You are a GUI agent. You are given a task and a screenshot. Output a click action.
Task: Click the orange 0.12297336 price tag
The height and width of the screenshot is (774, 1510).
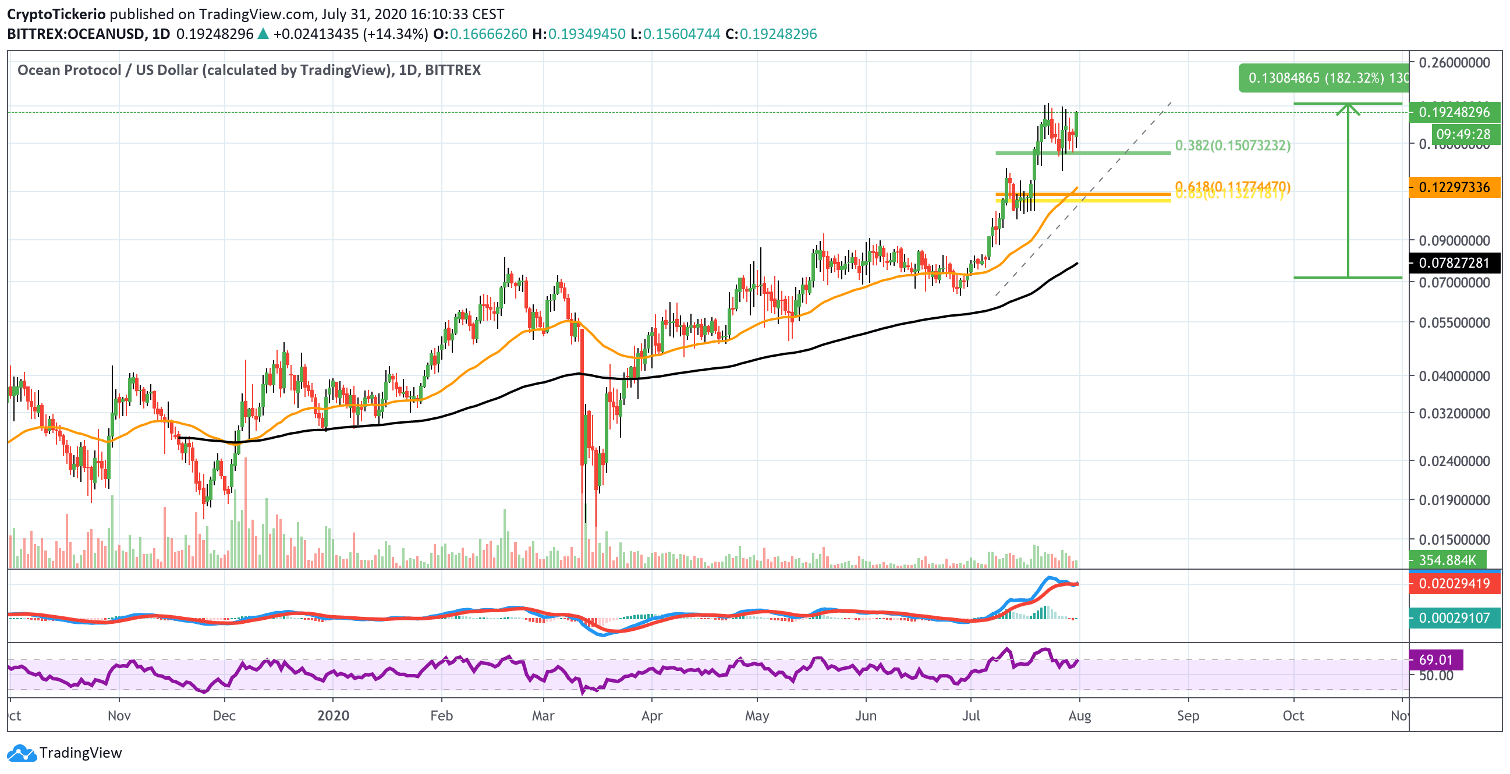tap(1454, 187)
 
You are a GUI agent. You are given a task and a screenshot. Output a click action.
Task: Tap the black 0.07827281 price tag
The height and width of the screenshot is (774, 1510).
tap(1454, 263)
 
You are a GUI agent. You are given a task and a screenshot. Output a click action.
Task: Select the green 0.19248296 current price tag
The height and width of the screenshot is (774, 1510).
tap(1454, 112)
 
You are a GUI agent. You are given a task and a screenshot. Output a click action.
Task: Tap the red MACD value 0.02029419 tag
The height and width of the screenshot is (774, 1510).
tap(1454, 584)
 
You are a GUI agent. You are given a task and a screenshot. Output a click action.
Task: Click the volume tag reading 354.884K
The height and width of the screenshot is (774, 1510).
tap(1447, 560)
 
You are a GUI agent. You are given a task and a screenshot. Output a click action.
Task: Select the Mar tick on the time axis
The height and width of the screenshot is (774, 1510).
tap(543, 715)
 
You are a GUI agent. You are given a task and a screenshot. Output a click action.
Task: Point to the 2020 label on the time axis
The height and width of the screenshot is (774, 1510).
tap(333, 715)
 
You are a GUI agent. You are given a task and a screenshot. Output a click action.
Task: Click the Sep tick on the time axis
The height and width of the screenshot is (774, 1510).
tap(1188, 715)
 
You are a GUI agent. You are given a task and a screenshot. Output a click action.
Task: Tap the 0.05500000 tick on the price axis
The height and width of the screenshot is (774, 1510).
tap(1454, 323)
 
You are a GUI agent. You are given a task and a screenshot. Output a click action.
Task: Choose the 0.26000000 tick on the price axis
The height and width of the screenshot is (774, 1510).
tap(1454, 63)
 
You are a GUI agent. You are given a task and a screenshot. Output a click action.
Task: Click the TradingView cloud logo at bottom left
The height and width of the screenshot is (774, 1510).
tap(22, 753)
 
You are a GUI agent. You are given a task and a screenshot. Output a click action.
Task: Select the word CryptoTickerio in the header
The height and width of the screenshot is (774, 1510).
tap(56, 14)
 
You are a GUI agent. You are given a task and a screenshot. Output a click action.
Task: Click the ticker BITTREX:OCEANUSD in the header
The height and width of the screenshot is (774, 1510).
tap(76, 34)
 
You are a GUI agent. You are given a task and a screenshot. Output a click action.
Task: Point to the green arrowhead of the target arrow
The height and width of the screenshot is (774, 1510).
tap(1348, 107)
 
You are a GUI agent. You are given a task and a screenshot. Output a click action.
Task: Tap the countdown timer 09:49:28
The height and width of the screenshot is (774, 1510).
tap(1463, 134)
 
